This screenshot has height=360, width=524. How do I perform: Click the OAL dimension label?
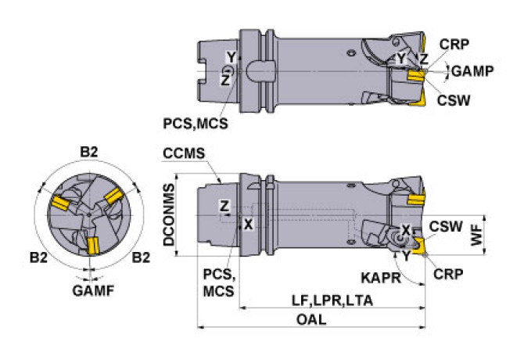click(311, 320)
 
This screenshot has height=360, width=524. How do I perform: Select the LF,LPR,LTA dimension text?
click(332, 301)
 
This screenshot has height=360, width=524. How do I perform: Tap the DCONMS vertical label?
click(169, 214)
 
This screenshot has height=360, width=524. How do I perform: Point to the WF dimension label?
click(477, 236)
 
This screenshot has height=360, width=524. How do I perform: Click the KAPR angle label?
click(381, 278)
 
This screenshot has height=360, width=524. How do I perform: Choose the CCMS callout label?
click(184, 153)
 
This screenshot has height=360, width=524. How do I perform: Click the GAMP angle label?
click(472, 71)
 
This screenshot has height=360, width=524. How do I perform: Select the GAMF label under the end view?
click(93, 291)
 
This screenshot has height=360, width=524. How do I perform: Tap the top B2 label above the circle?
click(89, 152)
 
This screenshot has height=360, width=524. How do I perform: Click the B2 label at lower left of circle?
click(38, 257)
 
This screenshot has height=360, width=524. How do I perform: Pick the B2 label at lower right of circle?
click(141, 257)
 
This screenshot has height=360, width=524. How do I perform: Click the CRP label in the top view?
click(454, 45)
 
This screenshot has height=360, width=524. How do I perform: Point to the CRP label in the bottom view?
click(448, 274)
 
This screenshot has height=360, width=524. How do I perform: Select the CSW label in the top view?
click(454, 100)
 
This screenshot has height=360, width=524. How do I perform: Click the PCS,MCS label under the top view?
click(196, 124)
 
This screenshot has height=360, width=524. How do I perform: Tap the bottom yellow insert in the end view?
click(92, 246)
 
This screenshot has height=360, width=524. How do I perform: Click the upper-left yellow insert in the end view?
click(60, 203)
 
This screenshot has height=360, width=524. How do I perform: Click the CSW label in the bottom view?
click(446, 227)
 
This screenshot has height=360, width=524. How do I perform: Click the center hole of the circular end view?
click(89, 214)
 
